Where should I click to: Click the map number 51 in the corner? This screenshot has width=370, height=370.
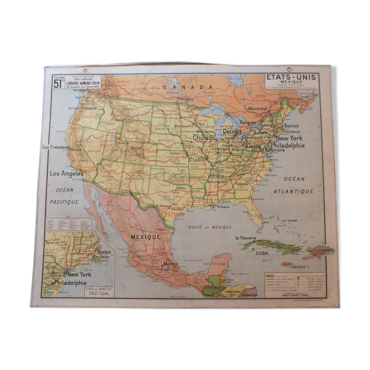point(58,84)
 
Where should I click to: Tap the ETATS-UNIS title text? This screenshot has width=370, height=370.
point(291,77)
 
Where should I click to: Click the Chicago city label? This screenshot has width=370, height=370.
point(204,138)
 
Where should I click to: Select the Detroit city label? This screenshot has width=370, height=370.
point(232,132)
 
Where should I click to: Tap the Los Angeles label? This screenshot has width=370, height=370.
point(67,174)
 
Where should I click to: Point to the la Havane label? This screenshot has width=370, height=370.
point(246,238)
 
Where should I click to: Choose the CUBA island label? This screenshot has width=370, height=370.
point(262,253)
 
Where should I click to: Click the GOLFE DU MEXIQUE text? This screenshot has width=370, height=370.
point(210,227)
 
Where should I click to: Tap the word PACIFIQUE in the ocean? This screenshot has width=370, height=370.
point(64,202)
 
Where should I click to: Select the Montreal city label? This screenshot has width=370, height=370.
point(258,108)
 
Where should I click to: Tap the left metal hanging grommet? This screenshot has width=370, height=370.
point(85,70)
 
